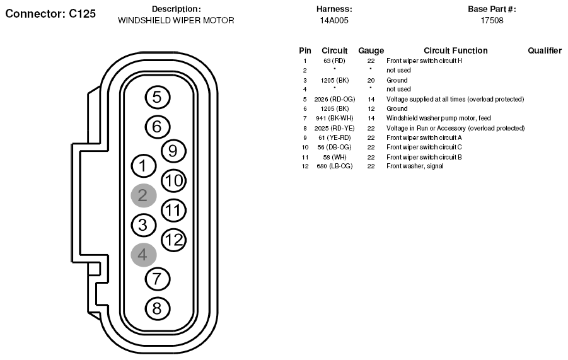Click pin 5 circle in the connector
coord(158,97)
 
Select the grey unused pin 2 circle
coord(144,195)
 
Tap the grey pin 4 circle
coord(144,255)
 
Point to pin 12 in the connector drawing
coord(173,240)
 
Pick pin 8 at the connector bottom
coord(158,308)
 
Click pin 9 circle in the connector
coord(173,151)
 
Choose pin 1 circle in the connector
coord(144,166)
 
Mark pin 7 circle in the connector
coord(158,279)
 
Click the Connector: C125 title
coord(50,14)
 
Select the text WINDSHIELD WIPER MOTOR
coord(176,20)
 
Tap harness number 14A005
coord(334,20)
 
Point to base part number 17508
coord(492,20)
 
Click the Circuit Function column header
coord(456,50)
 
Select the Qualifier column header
coord(545,50)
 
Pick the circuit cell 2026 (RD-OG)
coord(334,99)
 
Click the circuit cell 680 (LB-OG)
coord(334,166)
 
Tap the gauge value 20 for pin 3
coord(371,81)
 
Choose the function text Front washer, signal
coord(415,166)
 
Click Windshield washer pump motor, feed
coord(438,118)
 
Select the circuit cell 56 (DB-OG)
coord(334,148)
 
